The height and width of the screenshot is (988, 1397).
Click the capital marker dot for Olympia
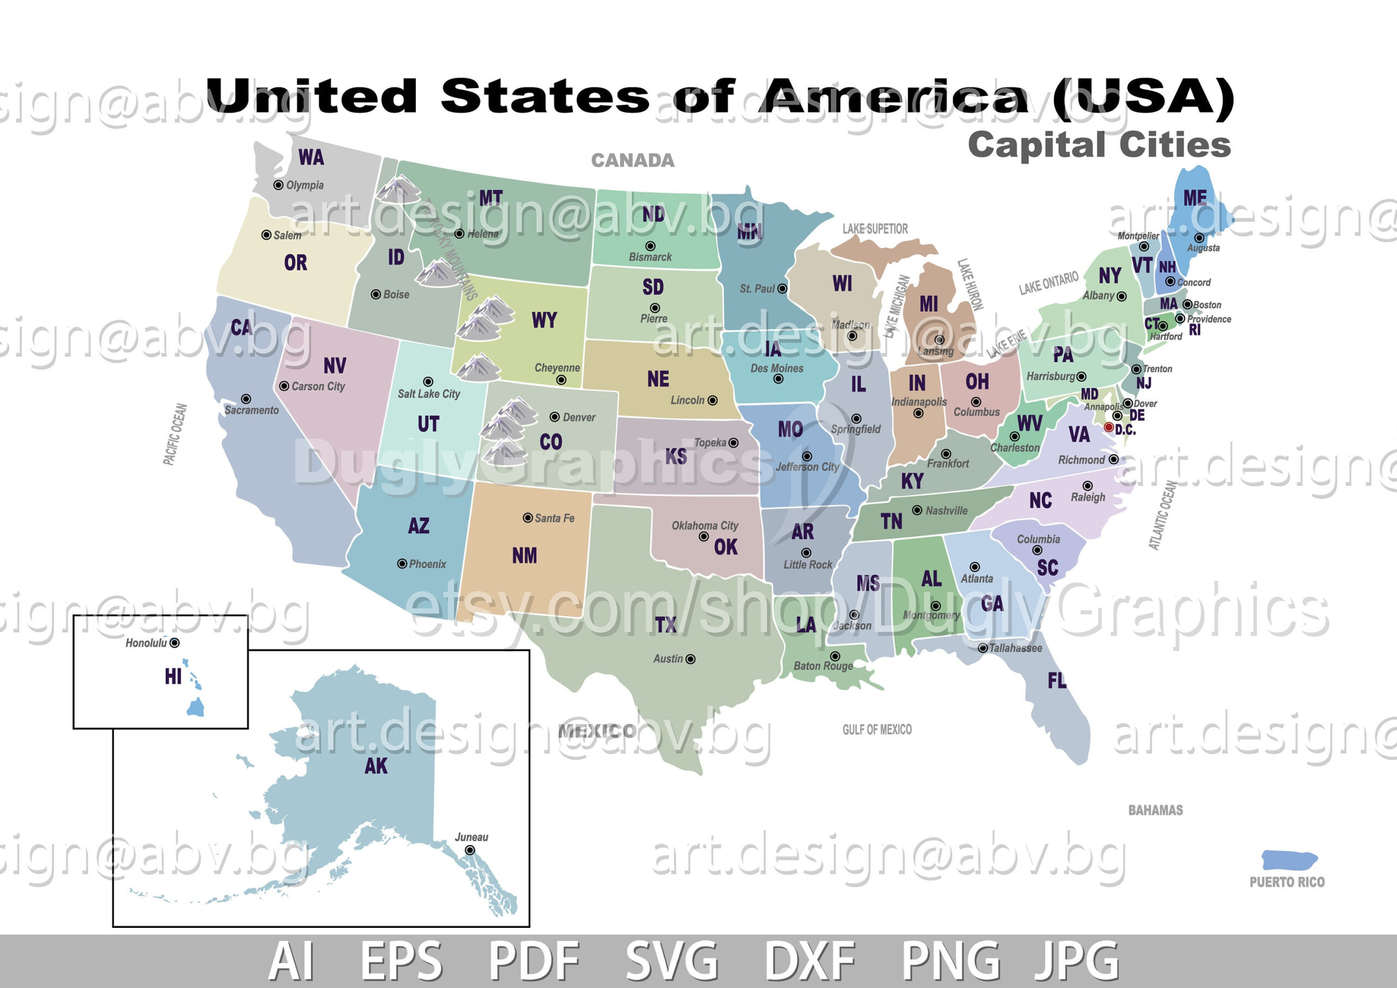[278, 185]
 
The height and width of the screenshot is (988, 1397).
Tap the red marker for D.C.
[1108, 427]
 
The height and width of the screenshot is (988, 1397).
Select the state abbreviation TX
[666, 624]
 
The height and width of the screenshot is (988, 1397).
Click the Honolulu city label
[146, 643]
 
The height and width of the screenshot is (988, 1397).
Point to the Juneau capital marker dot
[470, 850]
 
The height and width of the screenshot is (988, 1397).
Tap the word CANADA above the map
[633, 160]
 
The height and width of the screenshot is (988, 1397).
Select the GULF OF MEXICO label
[877, 729]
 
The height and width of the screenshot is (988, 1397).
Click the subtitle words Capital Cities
[1100, 145]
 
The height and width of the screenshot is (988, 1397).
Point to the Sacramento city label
[251, 410]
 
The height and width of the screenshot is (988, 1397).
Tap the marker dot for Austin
[691, 659]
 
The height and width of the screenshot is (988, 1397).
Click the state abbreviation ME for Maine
[1195, 198]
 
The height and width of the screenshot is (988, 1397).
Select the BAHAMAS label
[1155, 810]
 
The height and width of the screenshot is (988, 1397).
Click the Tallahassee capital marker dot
[983, 648]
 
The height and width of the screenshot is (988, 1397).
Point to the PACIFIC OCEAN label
[175, 434]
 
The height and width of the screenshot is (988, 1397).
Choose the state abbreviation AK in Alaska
[376, 766]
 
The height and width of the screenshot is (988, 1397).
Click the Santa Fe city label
[554, 518]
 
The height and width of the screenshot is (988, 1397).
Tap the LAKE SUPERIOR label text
[875, 229]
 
